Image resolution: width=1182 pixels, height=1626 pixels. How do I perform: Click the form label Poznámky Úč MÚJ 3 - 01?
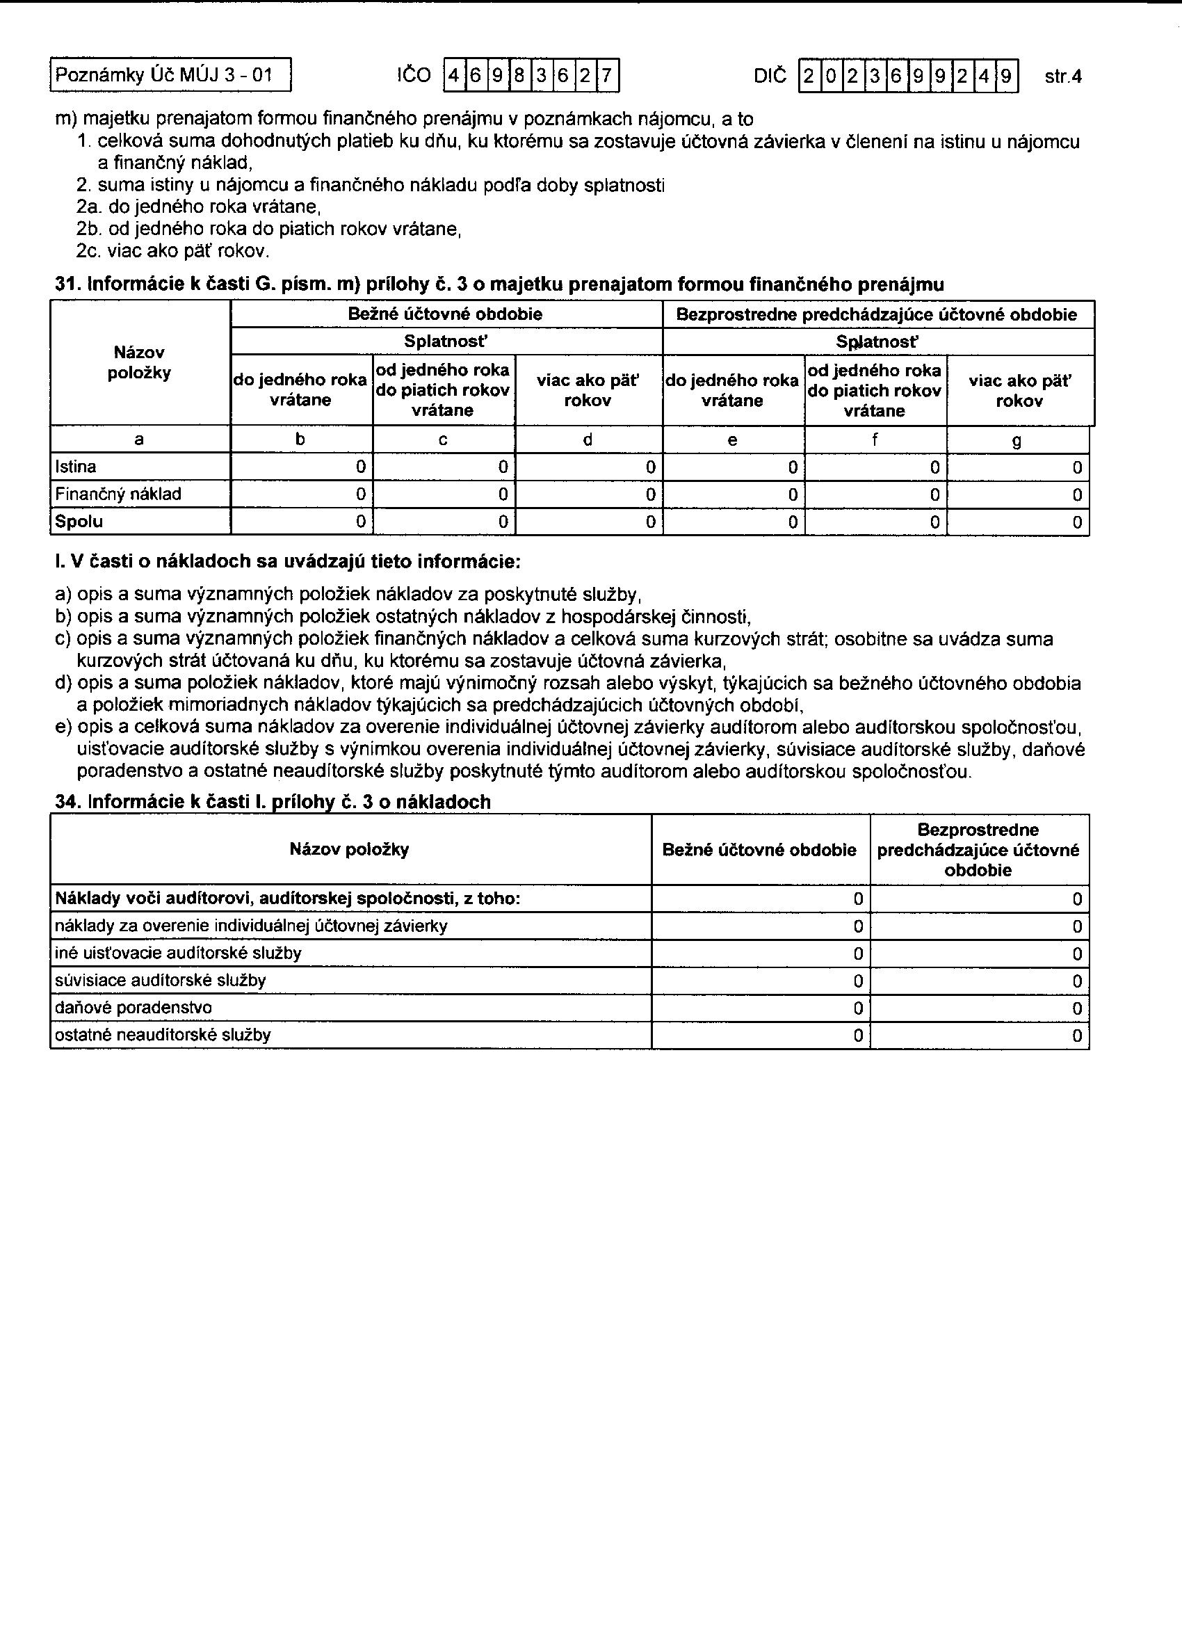tap(164, 75)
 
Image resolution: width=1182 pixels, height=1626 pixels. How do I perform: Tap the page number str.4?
tap(1063, 76)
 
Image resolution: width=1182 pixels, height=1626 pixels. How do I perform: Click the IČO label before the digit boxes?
tap(414, 75)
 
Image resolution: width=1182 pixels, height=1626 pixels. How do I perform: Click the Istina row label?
tap(76, 467)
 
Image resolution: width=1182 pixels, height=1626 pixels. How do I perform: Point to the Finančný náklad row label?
tap(118, 494)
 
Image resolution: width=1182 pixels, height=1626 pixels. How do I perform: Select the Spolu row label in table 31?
tap(79, 522)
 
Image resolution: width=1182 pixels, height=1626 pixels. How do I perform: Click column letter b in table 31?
tap(300, 440)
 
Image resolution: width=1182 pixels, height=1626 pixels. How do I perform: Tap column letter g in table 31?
tap(1017, 440)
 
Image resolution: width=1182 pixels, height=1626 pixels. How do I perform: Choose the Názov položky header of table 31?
tap(139, 363)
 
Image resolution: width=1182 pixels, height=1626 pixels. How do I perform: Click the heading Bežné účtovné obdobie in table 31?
tap(445, 314)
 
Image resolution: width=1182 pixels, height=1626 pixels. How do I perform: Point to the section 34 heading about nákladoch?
tap(273, 803)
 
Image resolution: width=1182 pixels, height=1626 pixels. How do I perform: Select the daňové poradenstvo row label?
tap(133, 1008)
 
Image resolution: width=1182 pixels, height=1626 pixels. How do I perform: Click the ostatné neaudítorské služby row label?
tap(163, 1036)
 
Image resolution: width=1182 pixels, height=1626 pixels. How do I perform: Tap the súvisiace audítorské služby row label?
tap(161, 981)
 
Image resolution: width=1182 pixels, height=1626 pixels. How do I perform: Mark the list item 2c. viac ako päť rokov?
tap(172, 251)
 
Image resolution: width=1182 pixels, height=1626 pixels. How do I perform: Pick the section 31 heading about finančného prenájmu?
tap(499, 284)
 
